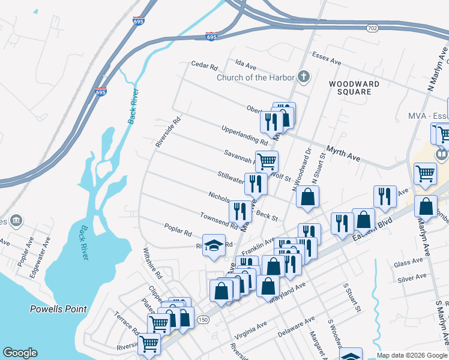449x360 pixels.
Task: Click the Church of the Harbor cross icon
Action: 304,77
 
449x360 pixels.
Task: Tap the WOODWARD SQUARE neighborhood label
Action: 354,88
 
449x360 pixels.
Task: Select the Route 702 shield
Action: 372,28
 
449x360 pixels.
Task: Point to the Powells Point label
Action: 59,310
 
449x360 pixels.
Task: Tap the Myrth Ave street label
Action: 343,153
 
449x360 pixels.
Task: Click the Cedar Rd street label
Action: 203,64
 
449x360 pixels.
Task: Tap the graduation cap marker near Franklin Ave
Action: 214,245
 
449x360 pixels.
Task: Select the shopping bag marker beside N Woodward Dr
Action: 307,197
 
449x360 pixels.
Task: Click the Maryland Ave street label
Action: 289,290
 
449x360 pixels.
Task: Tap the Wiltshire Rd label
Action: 152,264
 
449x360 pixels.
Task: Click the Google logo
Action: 20,353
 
